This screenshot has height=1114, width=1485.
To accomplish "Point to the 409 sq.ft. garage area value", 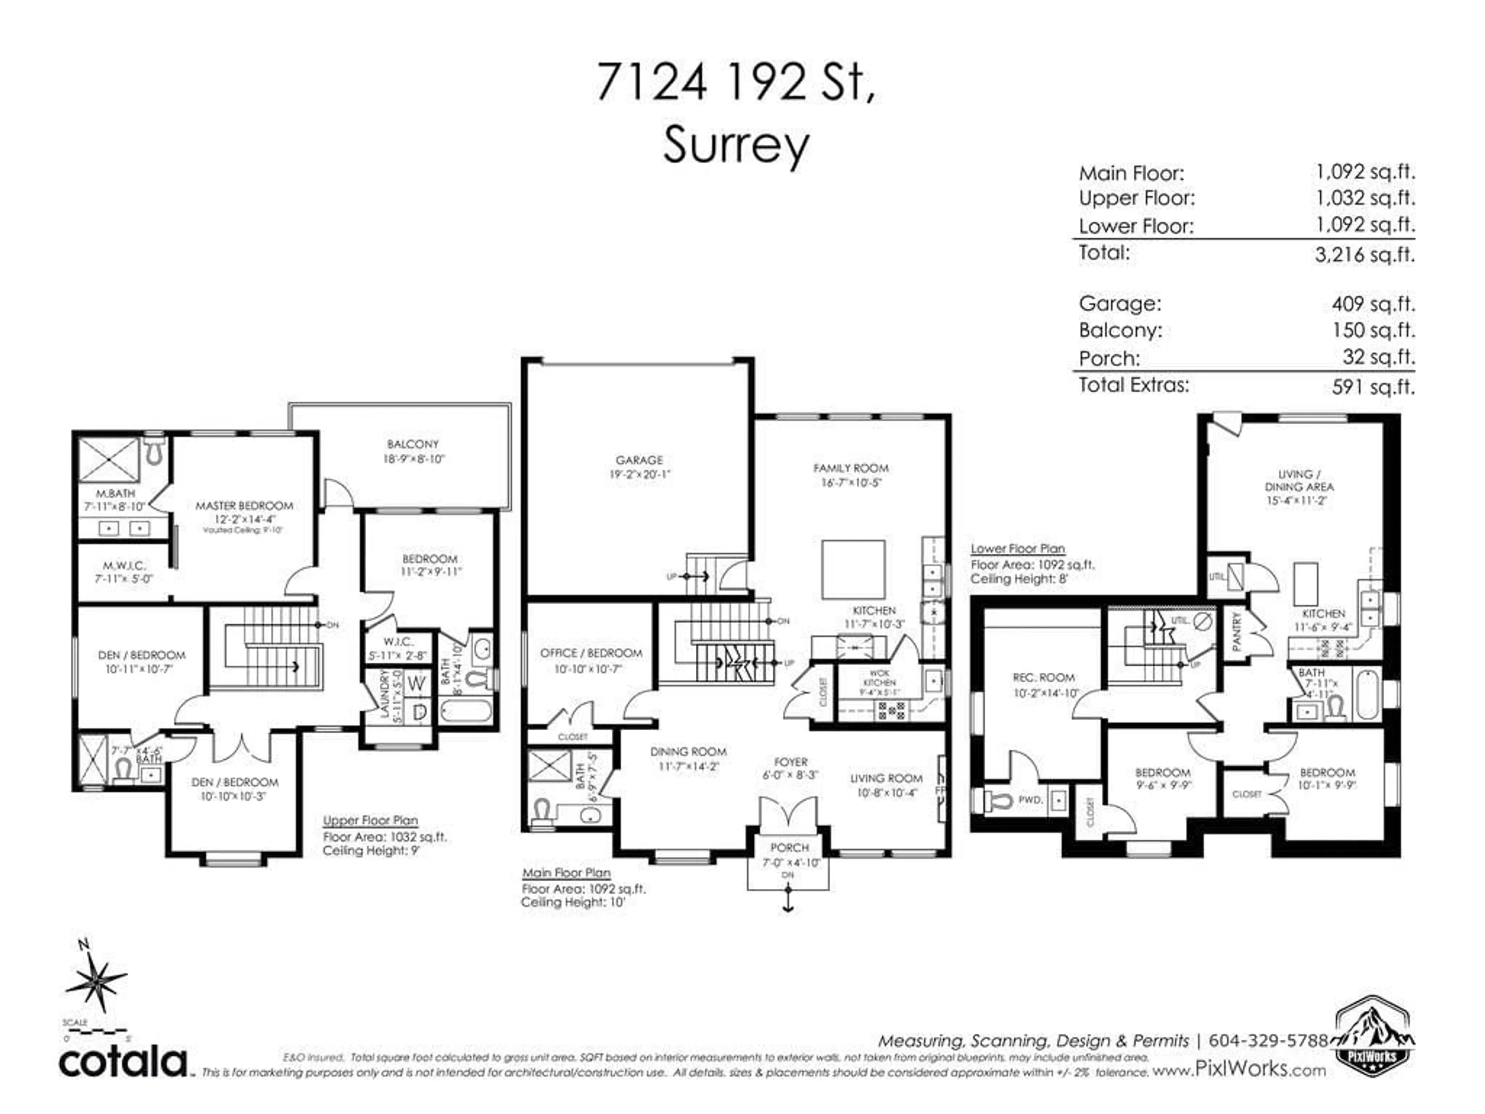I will coord(1373,304).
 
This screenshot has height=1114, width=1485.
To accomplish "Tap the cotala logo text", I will coord(123,1062).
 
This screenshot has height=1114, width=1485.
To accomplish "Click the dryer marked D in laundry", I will coord(418,712).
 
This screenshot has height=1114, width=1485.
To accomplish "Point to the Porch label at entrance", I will coord(790,847).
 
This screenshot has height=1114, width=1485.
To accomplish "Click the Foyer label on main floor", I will coord(790,762).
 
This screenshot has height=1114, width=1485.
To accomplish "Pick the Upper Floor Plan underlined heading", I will coord(370,820).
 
